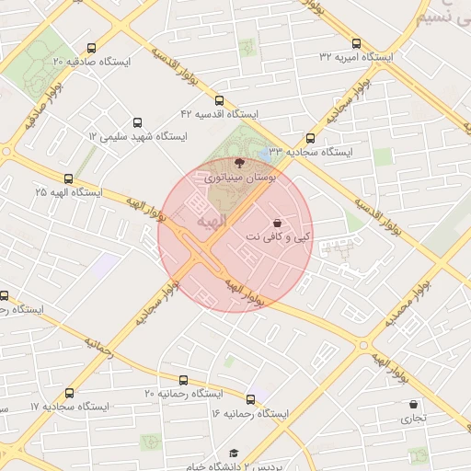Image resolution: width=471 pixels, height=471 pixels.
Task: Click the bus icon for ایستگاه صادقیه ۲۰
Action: (90, 49)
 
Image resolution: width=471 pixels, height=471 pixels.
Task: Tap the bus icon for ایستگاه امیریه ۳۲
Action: (356, 43)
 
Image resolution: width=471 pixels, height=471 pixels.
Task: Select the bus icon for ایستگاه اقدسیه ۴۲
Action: (219, 100)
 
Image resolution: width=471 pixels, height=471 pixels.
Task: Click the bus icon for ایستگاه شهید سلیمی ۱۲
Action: (137, 122)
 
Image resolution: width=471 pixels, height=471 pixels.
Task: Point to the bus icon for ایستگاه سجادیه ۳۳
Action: (310, 138)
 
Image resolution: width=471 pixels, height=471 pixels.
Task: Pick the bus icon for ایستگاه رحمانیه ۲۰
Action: (183, 380)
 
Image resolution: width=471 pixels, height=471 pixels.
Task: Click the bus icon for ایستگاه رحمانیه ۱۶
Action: (250, 400)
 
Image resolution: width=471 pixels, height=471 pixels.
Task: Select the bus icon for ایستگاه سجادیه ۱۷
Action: (70, 406)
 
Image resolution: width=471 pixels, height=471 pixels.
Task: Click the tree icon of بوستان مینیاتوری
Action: (241, 162)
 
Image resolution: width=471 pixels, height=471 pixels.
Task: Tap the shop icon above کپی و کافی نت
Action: (278, 224)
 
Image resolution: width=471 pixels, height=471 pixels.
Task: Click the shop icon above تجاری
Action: (414, 405)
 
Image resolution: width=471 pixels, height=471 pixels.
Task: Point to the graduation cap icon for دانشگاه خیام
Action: (234, 454)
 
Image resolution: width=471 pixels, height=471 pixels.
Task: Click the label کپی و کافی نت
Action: (278, 238)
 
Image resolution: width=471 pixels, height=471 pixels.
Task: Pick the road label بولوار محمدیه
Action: (410, 304)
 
